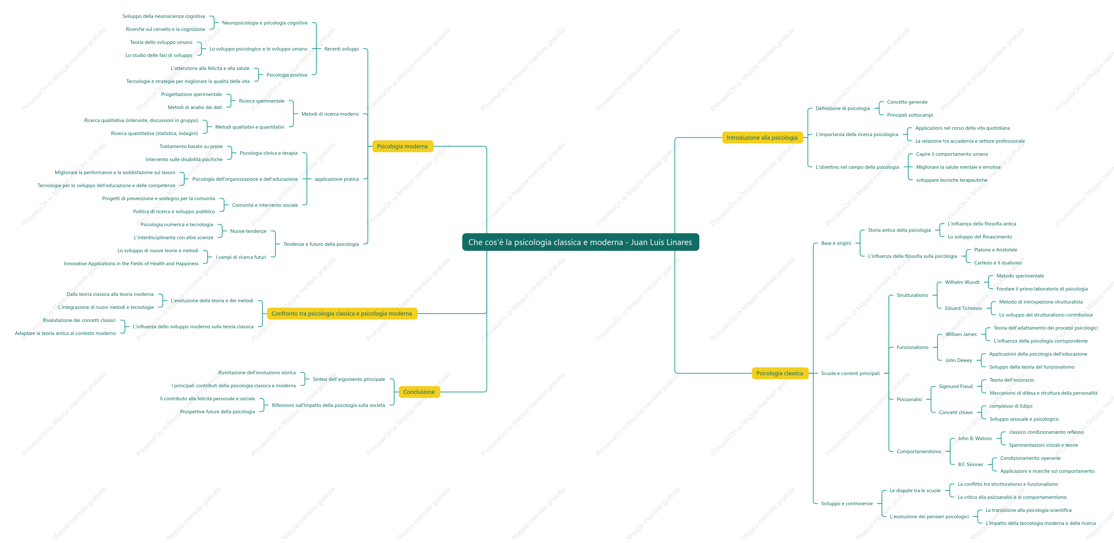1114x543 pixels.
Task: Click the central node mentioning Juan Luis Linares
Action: click(x=580, y=242)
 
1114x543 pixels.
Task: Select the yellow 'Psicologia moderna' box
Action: click(x=402, y=146)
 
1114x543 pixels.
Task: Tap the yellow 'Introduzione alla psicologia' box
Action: click(x=762, y=138)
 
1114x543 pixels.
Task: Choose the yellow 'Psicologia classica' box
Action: click(x=780, y=373)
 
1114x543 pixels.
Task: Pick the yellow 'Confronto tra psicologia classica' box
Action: click(x=342, y=313)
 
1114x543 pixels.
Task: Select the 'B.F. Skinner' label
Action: click(x=971, y=464)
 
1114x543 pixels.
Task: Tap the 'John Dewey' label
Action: click(x=958, y=360)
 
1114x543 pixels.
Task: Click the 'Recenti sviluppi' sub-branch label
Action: click(x=342, y=49)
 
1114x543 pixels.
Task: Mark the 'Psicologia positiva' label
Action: click(x=287, y=75)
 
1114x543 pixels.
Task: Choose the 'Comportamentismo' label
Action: click(x=918, y=451)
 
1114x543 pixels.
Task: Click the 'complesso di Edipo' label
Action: click(x=1011, y=406)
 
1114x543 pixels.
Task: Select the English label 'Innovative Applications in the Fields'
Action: click(x=131, y=263)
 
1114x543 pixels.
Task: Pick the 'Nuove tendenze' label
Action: click(x=248, y=231)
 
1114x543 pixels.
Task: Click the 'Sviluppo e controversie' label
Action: click(x=847, y=503)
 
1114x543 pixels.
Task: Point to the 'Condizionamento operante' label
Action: click(x=1030, y=458)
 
